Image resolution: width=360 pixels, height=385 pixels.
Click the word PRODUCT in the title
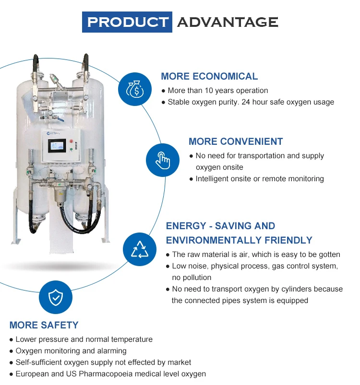pyautogui.click(x=127, y=22)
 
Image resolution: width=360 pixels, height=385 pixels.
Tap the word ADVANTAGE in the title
pyautogui.click(x=228, y=22)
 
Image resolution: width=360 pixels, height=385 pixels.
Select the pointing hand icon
pyautogui.click(x=163, y=161)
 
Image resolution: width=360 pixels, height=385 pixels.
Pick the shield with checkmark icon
pyautogui.click(x=56, y=298)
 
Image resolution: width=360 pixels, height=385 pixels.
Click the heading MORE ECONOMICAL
pyautogui.click(x=209, y=76)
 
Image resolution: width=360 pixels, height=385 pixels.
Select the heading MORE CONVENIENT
pyautogui.click(x=236, y=141)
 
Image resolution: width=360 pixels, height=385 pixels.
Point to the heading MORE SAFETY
pyautogui.click(x=44, y=325)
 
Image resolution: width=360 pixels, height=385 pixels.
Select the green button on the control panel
pyautogui.click(x=71, y=149)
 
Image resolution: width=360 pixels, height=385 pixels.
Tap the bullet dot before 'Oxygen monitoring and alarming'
pyautogui.click(x=11, y=351)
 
